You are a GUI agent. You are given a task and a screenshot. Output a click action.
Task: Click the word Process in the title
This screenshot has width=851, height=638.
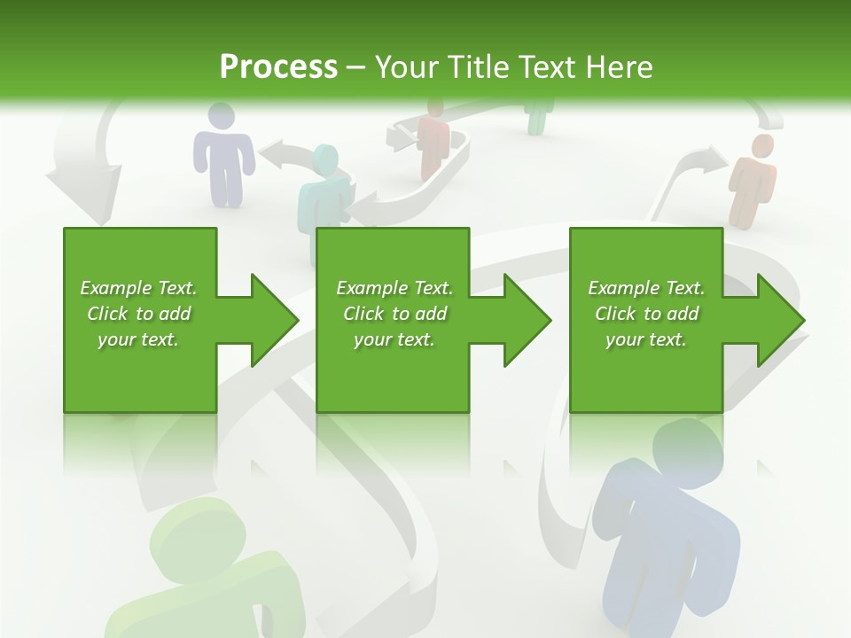pyautogui.click(x=278, y=67)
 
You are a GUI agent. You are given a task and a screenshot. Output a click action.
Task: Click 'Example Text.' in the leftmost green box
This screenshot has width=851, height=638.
pyautogui.click(x=138, y=288)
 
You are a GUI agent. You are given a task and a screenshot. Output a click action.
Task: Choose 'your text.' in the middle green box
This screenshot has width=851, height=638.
pyautogui.click(x=394, y=339)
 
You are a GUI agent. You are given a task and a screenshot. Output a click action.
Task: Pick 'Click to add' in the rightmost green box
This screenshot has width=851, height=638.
pyautogui.click(x=646, y=314)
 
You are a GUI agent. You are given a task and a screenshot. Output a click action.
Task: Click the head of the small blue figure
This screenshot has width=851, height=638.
pyautogui.click(x=221, y=116)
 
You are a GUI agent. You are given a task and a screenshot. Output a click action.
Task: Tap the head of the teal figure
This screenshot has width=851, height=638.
pyautogui.click(x=325, y=160)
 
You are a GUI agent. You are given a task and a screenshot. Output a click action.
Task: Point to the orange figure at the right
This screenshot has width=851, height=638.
pyautogui.click(x=752, y=182)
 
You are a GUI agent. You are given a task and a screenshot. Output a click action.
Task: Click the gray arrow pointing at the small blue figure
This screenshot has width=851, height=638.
pyautogui.click(x=284, y=154)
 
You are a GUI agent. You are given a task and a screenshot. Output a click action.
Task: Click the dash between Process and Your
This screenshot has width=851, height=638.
pyautogui.click(x=356, y=67)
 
